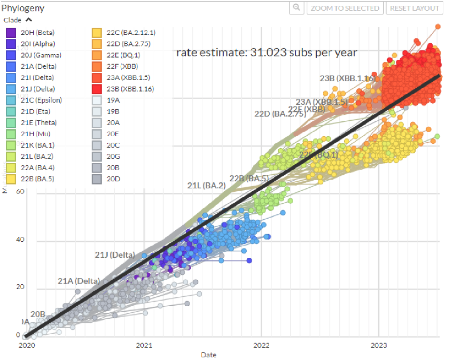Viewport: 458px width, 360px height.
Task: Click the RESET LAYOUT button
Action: tap(414, 8)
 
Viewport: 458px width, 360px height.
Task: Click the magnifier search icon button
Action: tap(296, 8)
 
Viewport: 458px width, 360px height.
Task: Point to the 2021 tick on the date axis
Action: tap(145, 346)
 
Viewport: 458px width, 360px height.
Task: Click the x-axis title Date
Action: tap(208, 354)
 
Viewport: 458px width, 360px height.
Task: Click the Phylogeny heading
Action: tap(23, 8)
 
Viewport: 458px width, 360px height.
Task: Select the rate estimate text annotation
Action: tap(267, 53)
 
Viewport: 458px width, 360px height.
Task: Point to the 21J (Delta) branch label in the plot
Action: tap(114, 255)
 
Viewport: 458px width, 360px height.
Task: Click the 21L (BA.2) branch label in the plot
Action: tap(207, 185)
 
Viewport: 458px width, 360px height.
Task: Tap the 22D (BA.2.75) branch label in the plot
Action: tap(279, 114)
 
